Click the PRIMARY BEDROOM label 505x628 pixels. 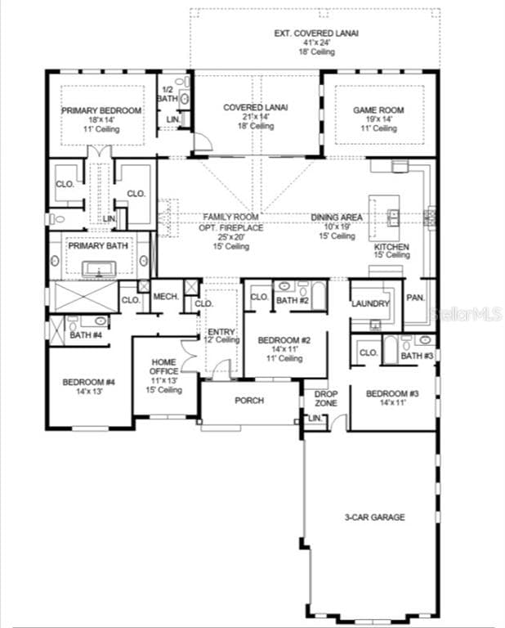[x=102, y=110]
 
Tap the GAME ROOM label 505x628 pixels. [x=378, y=110]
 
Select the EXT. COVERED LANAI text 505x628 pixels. [x=315, y=34]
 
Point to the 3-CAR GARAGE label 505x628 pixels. [x=375, y=517]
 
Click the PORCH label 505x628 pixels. [x=248, y=401]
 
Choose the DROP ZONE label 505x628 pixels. [x=326, y=399]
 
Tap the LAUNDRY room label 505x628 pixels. [x=370, y=303]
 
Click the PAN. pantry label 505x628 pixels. [x=415, y=298]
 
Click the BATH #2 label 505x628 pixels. [x=292, y=301]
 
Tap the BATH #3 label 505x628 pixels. [x=417, y=356]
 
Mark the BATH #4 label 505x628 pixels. [x=86, y=335]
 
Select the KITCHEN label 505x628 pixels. [x=391, y=246]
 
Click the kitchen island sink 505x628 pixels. [x=393, y=217]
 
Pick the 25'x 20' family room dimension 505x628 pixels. [x=232, y=237]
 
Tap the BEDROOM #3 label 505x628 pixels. [x=392, y=394]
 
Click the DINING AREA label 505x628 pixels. [x=337, y=218]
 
